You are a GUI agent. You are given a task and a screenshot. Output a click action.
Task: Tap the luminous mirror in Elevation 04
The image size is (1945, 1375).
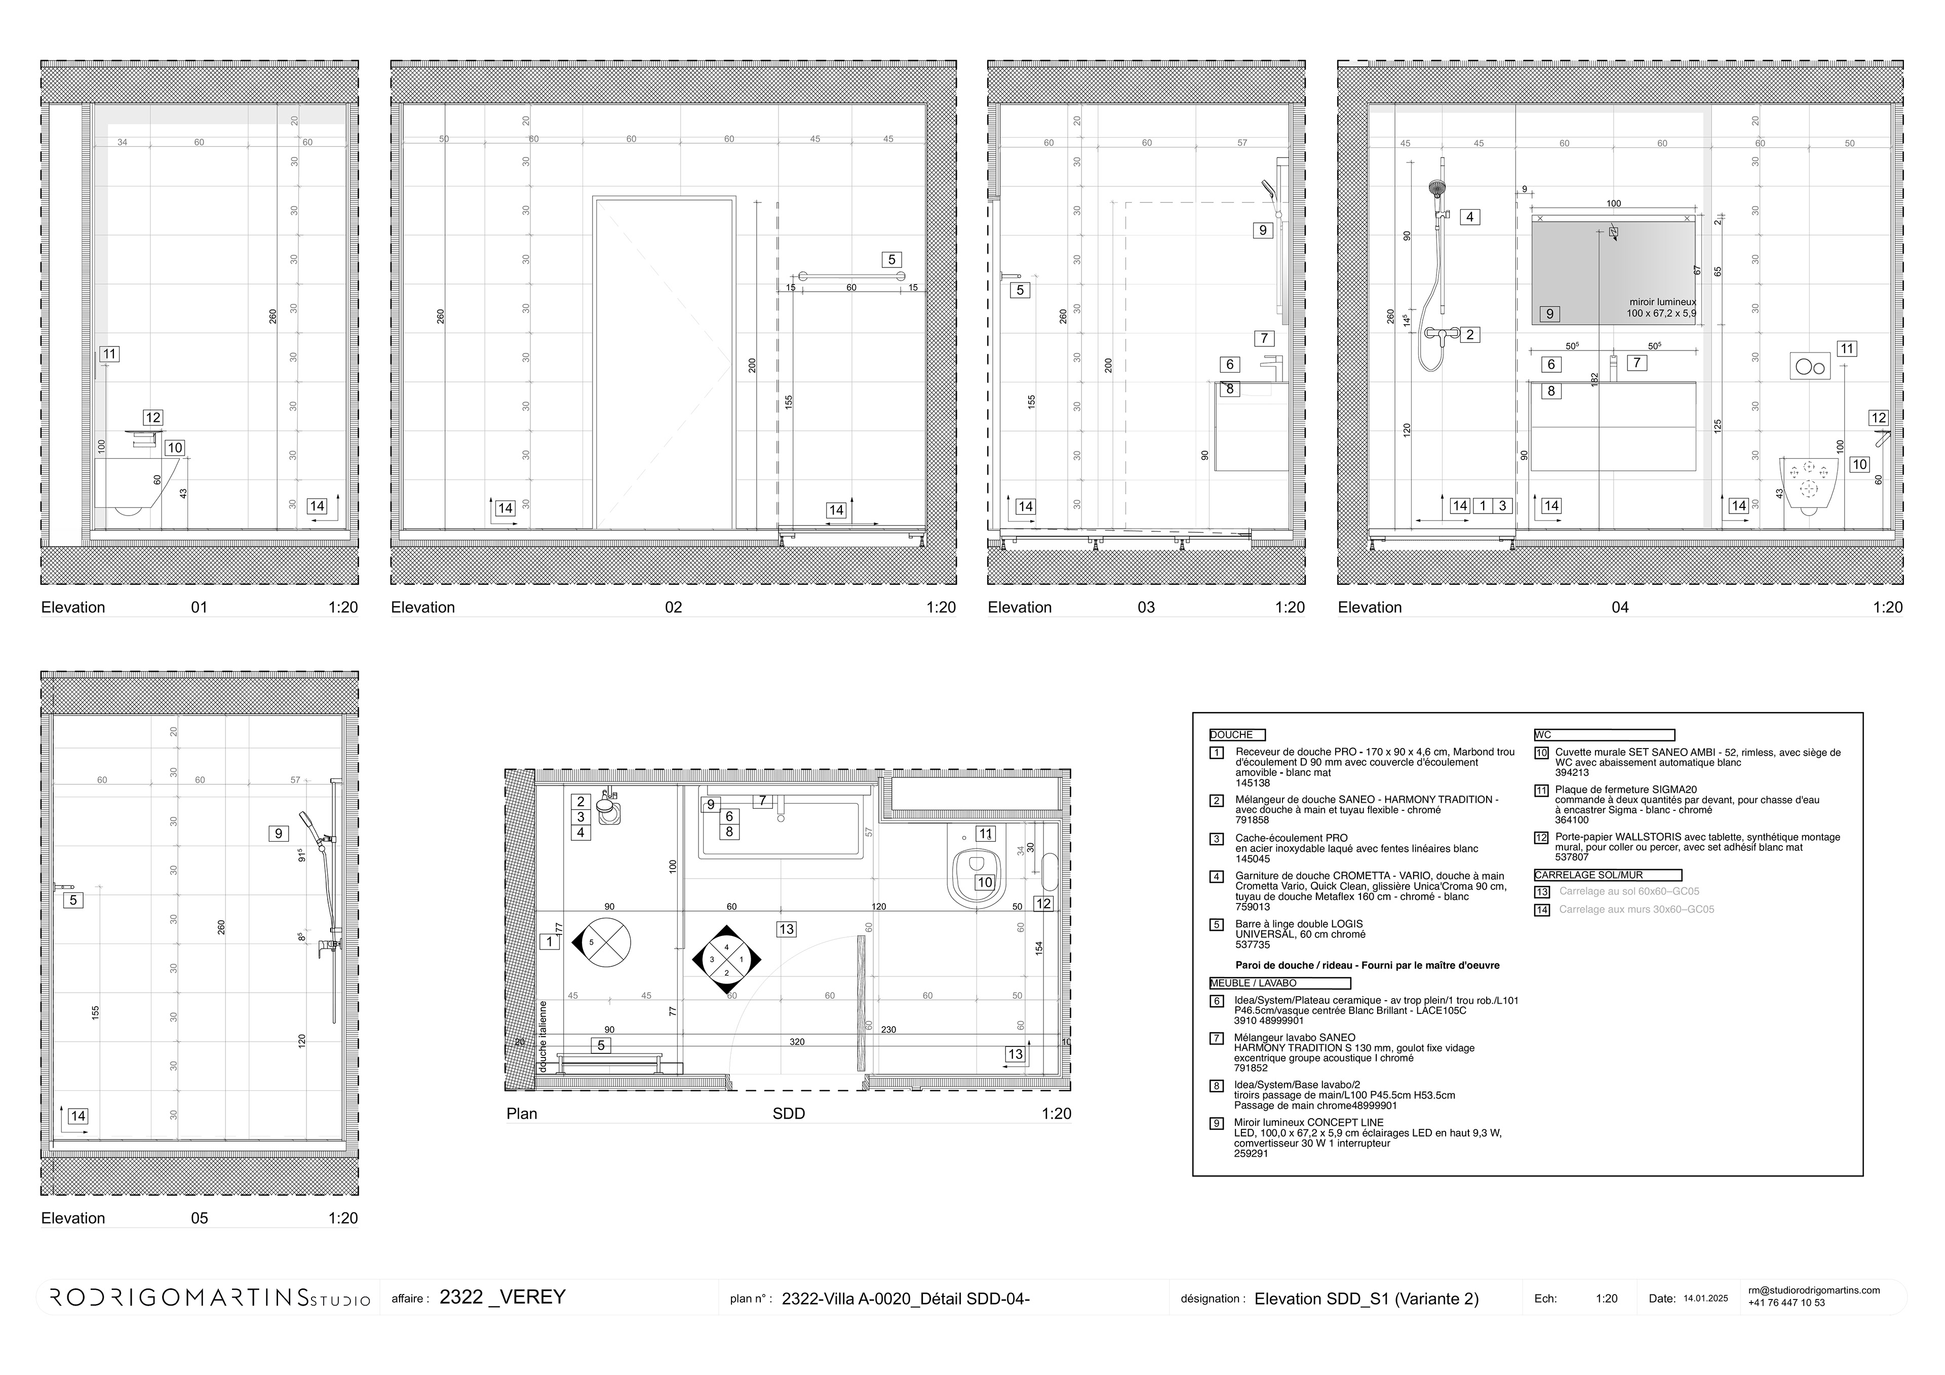pos(1613,269)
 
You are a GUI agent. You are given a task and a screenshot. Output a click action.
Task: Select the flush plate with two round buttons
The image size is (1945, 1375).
pos(1809,366)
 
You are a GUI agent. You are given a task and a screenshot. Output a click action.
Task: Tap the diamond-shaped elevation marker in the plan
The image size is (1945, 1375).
pos(727,959)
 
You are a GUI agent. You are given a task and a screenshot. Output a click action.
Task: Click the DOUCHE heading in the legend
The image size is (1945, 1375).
pos(1237,734)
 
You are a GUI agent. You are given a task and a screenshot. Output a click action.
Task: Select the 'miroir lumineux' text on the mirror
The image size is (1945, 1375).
pos(1662,302)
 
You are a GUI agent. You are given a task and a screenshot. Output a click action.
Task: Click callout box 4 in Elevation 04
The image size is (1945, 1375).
pos(1470,217)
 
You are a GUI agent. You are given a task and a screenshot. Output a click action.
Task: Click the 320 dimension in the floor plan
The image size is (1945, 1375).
pos(796,1041)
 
